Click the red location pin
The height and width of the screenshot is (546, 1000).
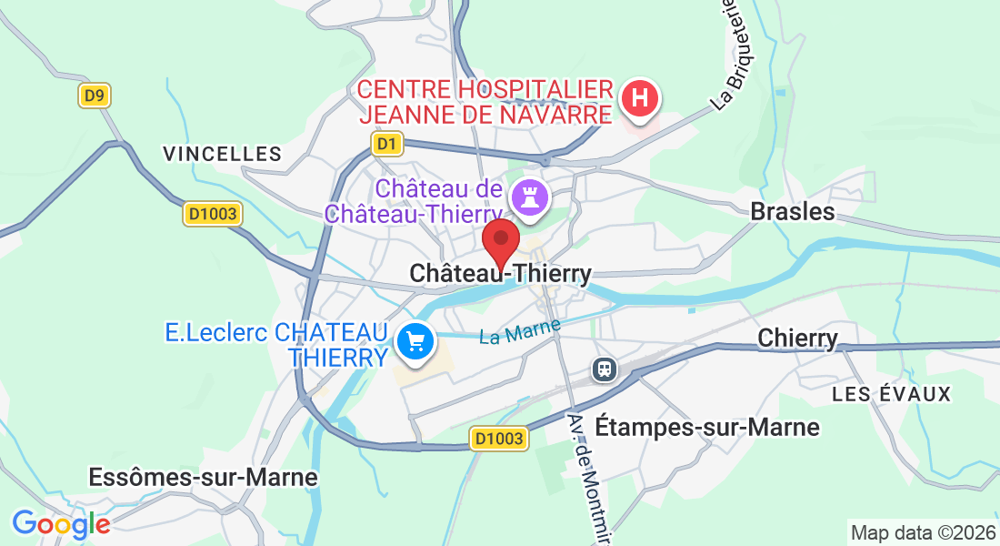pos(500,241)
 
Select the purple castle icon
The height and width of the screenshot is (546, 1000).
pos(530,195)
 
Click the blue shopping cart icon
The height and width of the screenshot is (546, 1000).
pos(415,343)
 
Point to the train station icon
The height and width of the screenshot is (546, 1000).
pos(604,369)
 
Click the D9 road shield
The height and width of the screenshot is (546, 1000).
pos(94,96)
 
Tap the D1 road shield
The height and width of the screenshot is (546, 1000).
pos(387,144)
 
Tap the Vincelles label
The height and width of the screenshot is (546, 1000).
pos(223,154)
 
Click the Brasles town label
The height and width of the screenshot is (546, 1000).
pos(792,212)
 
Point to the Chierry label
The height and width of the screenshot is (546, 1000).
pos(797,339)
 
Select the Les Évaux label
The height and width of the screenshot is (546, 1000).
pos(891,394)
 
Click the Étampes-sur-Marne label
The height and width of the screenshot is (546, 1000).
pos(706,427)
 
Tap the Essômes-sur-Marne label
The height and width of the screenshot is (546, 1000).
pos(203,477)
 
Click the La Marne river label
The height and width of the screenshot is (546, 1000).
pos(520,330)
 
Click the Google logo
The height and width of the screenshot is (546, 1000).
pos(61,524)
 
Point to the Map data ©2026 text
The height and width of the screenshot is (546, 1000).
pos(922,532)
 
